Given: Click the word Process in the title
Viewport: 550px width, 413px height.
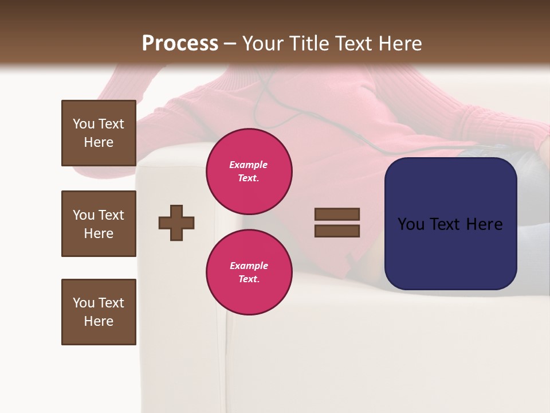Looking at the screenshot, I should tap(180, 44).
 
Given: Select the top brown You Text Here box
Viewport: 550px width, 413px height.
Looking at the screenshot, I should tap(99, 133).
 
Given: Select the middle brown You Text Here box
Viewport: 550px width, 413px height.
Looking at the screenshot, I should tap(99, 224).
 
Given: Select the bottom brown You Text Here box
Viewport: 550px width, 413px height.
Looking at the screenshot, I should tap(99, 312).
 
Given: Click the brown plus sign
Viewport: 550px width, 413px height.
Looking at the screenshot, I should tap(176, 223).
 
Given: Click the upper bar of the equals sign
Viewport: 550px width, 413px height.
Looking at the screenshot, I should tap(337, 214).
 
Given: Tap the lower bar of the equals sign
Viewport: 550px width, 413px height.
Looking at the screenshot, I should tap(337, 231).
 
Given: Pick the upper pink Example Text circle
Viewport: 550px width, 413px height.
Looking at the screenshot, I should tap(249, 172).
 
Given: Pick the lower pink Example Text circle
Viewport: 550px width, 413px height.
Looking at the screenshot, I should tap(249, 272).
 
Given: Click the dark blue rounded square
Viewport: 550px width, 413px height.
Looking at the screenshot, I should tap(450, 252).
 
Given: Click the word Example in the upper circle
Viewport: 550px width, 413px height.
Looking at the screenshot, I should tap(249, 165).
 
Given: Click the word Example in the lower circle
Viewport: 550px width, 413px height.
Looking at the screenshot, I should tap(249, 266).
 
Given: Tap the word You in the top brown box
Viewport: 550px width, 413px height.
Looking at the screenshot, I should tap(83, 124).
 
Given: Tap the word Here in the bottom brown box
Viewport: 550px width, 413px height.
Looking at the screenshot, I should tap(99, 321).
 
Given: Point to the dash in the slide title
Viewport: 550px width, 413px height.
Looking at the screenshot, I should tap(230, 44).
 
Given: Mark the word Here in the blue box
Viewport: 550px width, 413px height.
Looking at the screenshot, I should tap(485, 224).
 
